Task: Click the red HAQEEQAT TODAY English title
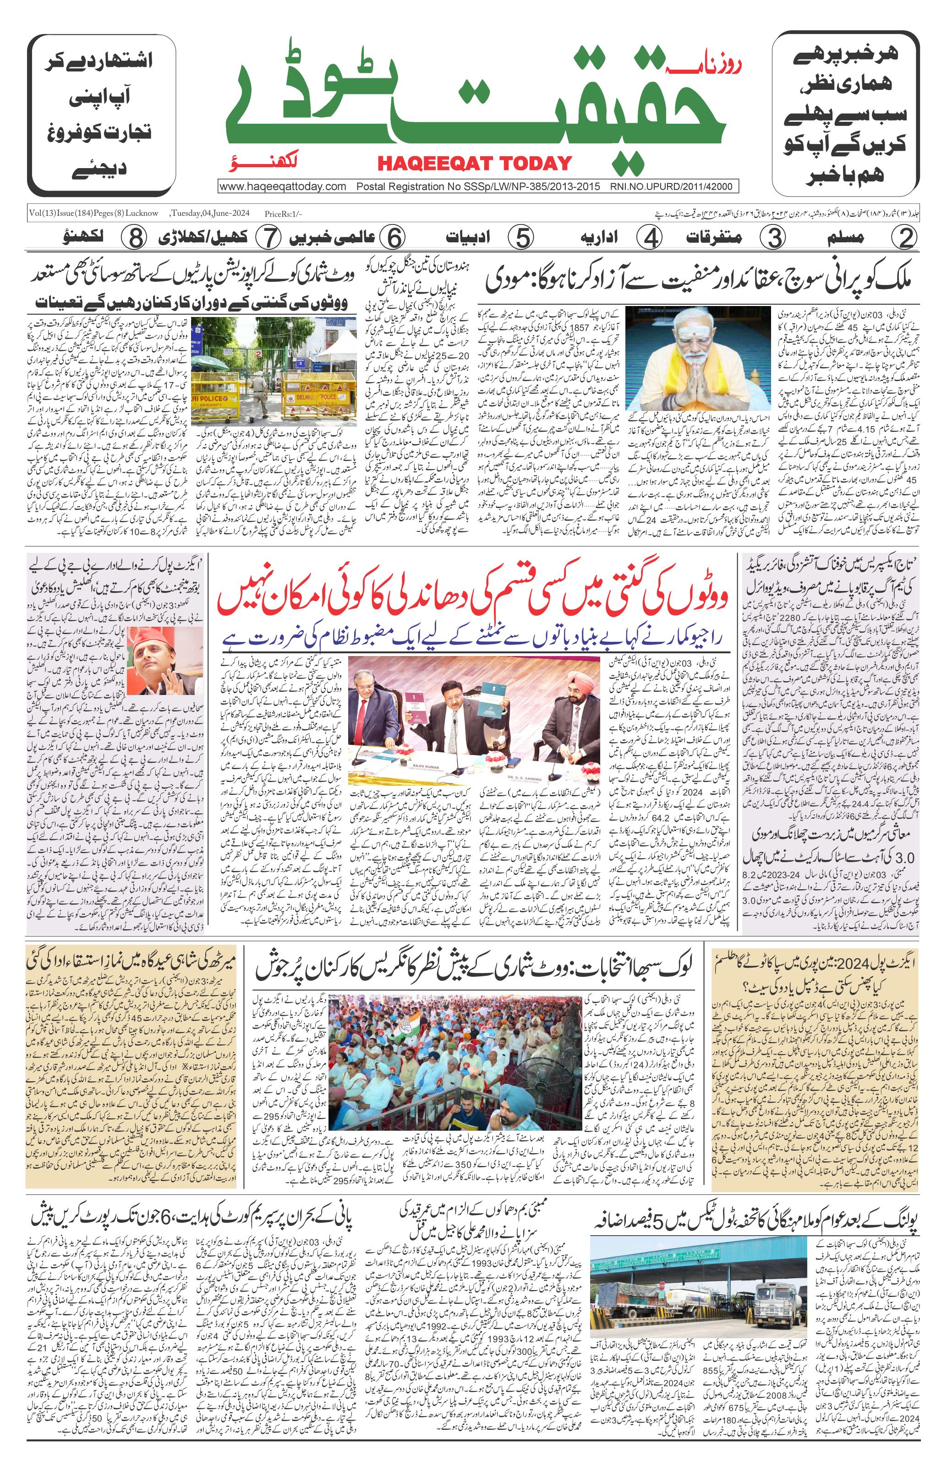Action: pos(474,164)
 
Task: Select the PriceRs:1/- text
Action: pos(284,214)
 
